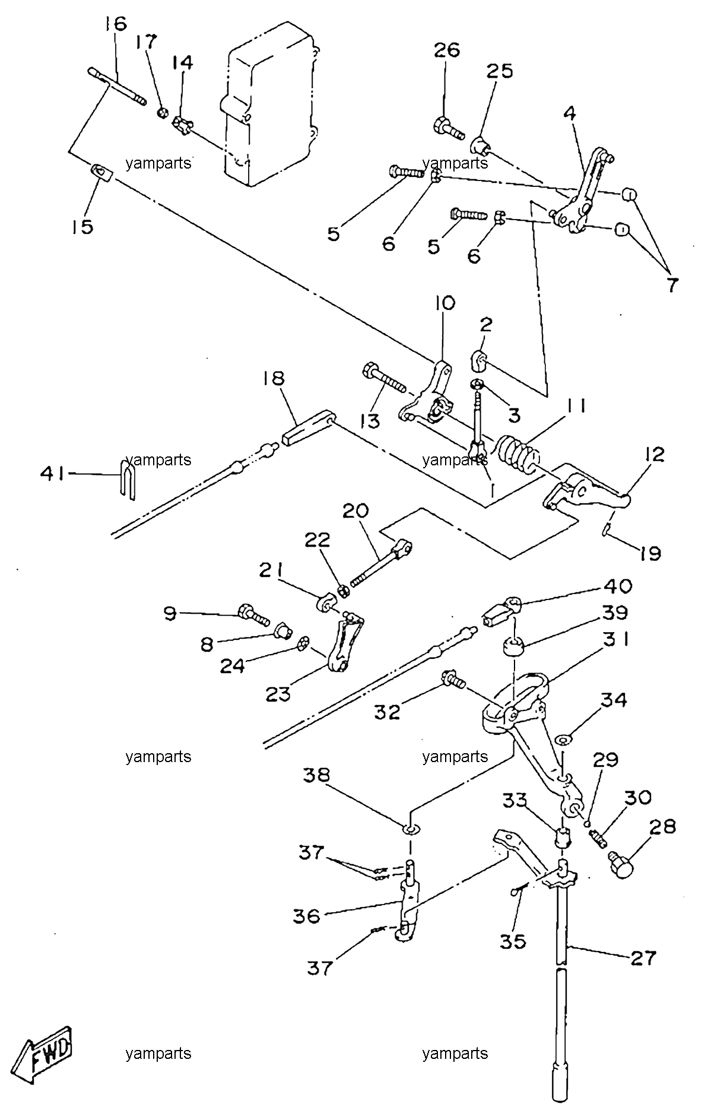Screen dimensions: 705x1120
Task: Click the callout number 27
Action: pyautogui.click(x=642, y=959)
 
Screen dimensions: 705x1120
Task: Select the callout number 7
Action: pyautogui.click(x=671, y=285)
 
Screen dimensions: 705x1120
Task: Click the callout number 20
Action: pyautogui.click(x=355, y=511)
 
